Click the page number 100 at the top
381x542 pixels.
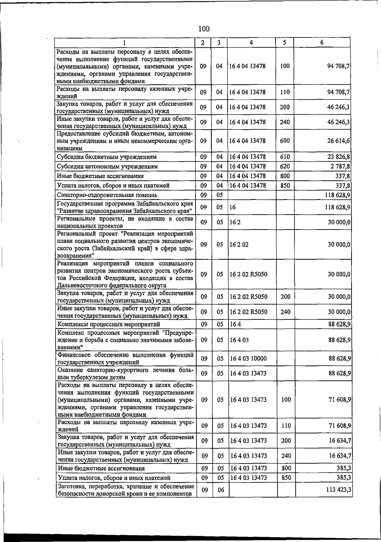[x=204, y=29]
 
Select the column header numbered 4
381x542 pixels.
[x=251, y=43]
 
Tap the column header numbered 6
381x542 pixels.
[x=322, y=43]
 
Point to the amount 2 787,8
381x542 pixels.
[x=340, y=166]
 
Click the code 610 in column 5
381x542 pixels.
[x=285, y=157]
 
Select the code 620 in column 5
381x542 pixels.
[x=285, y=166]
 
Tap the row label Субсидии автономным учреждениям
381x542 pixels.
[x=107, y=166]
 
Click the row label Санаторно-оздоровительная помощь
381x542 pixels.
[x=107, y=195]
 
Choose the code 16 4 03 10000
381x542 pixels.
[x=248, y=358]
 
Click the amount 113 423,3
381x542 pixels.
[x=338, y=490]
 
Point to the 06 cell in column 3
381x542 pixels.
[x=221, y=490]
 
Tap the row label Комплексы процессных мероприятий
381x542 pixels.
[x=109, y=324]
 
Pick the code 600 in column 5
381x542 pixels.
[x=285, y=141]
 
